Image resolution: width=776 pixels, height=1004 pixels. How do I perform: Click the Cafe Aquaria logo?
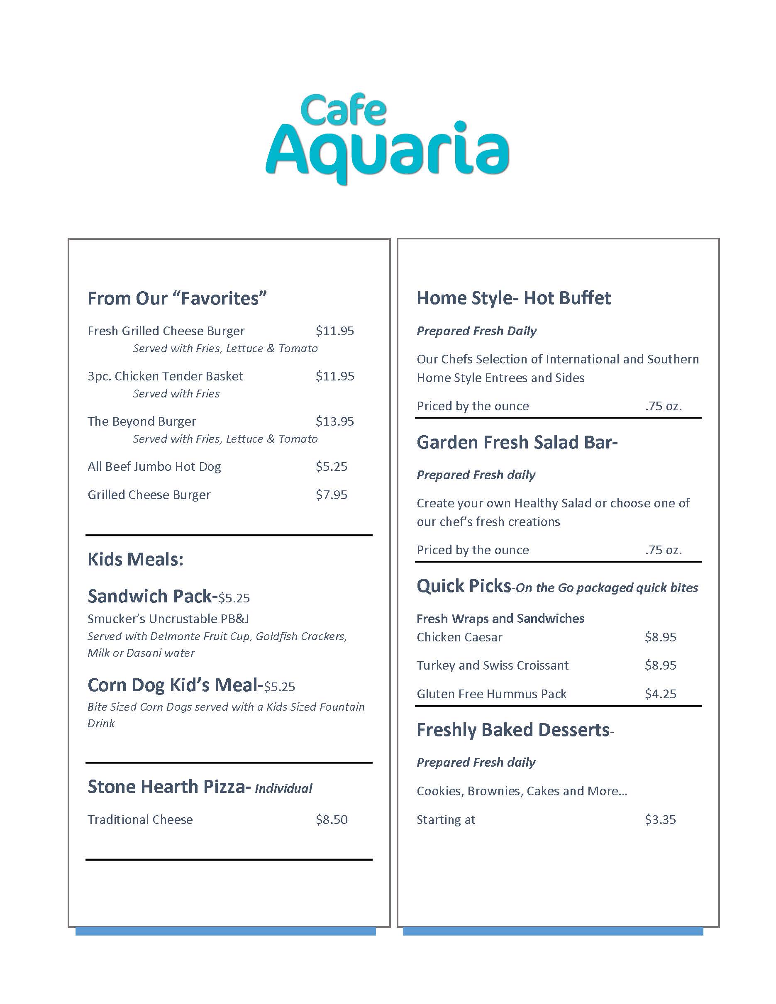point(387,138)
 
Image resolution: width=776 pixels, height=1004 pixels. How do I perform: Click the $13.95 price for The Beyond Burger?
point(334,422)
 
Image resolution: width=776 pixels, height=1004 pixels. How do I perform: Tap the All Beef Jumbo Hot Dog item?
point(154,467)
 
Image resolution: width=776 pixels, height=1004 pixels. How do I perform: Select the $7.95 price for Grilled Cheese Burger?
point(332,495)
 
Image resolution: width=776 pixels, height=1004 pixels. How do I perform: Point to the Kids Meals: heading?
point(135,560)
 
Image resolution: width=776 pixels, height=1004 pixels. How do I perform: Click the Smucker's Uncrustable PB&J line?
point(168,619)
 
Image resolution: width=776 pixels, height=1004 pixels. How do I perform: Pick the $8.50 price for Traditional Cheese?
point(332,819)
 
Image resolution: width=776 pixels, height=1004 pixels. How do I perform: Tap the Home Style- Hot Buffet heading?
point(513,298)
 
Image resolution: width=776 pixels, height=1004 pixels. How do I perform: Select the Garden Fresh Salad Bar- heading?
point(517,442)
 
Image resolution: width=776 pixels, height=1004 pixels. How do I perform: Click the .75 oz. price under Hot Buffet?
point(663,406)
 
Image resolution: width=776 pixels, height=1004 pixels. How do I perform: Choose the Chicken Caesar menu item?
point(459,637)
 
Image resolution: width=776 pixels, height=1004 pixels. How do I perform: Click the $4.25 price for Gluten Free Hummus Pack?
point(660,694)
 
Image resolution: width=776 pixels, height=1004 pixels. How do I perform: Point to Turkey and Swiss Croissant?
point(492,665)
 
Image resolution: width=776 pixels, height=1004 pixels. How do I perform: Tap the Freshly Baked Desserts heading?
point(513,730)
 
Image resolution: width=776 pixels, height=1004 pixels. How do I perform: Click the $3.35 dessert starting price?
point(660,819)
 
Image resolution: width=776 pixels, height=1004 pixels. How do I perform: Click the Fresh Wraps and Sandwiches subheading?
point(500,618)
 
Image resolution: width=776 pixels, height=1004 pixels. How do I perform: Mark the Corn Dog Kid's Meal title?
point(175,685)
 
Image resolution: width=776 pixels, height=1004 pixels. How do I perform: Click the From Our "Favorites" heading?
point(177,298)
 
